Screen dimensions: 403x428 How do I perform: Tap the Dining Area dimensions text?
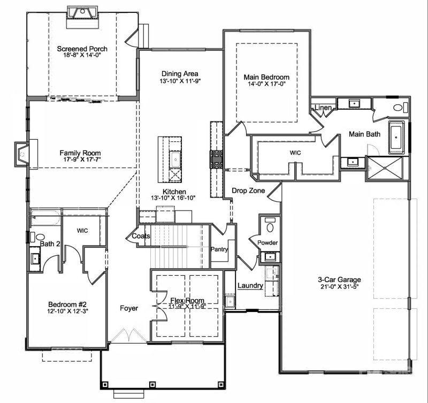point(180,81)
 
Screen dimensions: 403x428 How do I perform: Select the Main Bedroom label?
point(266,77)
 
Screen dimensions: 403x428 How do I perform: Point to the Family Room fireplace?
point(22,154)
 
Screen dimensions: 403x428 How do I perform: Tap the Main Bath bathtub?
point(396,137)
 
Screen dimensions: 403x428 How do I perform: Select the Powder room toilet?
point(269,227)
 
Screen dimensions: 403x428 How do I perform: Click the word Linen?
point(324,108)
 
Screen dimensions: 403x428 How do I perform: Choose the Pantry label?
point(219,249)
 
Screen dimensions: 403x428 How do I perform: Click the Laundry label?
point(250,286)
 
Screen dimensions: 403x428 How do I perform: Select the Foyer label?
point(129,308)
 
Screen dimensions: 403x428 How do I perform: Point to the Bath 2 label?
point(49,244)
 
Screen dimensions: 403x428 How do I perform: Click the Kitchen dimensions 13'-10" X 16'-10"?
point(174,197)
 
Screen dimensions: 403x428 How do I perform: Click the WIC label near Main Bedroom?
point(295,153)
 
